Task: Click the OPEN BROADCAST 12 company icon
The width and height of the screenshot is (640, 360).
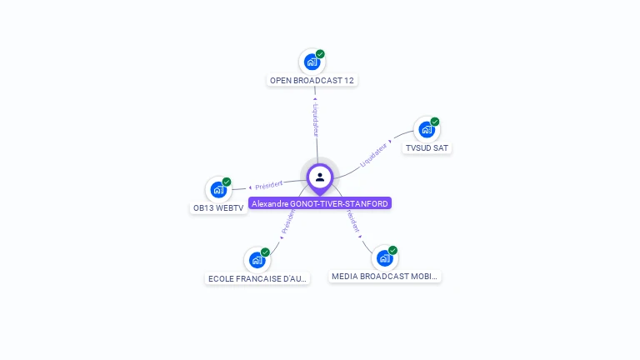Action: (312, 62)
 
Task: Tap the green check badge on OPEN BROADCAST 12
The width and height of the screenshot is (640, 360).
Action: (320, 54)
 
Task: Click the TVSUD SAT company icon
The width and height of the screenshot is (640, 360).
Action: (427, 129)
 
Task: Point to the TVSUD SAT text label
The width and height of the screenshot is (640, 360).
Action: (427, 148)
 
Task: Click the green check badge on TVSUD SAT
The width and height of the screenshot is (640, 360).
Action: (434, 122)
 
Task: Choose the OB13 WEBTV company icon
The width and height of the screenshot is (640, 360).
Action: (218, 189)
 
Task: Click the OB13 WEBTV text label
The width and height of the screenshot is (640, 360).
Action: (219, 208)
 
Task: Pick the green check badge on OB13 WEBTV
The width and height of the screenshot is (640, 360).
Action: (227, 182)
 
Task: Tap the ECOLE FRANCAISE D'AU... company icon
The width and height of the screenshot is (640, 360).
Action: (257, 260)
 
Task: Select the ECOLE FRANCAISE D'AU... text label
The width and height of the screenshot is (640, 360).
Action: (257, 278)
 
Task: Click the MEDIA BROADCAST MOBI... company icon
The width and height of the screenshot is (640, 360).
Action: (384, 257)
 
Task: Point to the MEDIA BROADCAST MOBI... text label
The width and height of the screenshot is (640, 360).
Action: (384, 276)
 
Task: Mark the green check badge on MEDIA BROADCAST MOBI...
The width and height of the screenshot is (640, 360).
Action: (392, 250)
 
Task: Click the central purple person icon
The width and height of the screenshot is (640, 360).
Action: (320, 177)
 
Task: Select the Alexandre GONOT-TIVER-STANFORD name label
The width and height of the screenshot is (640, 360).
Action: (320, 203)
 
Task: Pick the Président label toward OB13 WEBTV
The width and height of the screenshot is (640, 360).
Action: (269, 184)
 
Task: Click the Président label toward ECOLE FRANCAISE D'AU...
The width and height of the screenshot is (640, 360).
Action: (287, 221)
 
